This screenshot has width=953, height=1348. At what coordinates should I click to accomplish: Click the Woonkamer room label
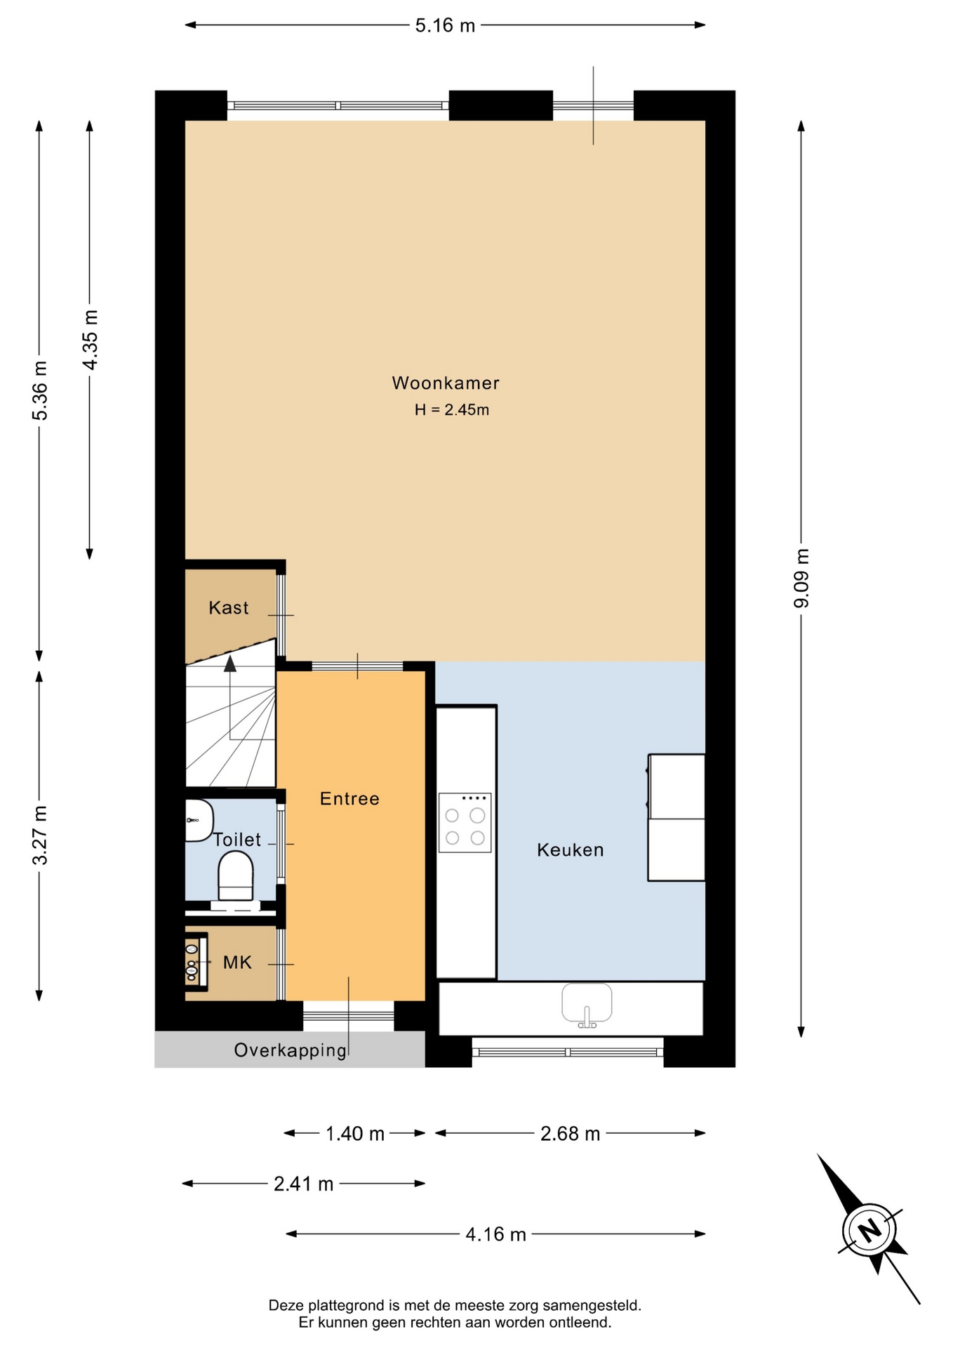[446, 383]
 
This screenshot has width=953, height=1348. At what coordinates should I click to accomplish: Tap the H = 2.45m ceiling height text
[451, 410]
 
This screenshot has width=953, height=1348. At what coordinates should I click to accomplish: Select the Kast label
[229, 607]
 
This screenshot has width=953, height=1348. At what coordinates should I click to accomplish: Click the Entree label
[349, 798]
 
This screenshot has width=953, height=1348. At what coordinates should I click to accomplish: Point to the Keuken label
[571, 850]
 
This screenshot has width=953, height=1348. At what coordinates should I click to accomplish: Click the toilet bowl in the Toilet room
[235, 876]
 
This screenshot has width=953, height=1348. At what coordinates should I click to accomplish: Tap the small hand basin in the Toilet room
[199, 820]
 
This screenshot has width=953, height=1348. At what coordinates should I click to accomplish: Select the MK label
[237, 963]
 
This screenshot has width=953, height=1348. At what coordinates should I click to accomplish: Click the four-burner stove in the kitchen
[465, 823]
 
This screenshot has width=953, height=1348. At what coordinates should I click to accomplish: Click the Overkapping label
[291, 1050]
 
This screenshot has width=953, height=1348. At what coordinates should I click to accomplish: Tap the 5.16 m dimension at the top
[445, 26]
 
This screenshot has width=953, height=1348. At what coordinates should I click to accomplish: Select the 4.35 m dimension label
[90, 339]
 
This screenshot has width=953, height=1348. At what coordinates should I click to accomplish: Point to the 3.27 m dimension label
[40, 835]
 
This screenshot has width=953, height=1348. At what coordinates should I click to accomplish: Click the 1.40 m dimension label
[355, 1134]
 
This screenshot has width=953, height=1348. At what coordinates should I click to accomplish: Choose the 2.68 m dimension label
[570, 1134]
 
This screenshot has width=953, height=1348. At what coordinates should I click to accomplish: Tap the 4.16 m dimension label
[495, 1234]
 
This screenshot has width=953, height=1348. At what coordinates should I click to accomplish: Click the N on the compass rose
[870, 1230]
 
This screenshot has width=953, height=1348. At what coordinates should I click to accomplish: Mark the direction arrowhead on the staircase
[230, 664]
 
